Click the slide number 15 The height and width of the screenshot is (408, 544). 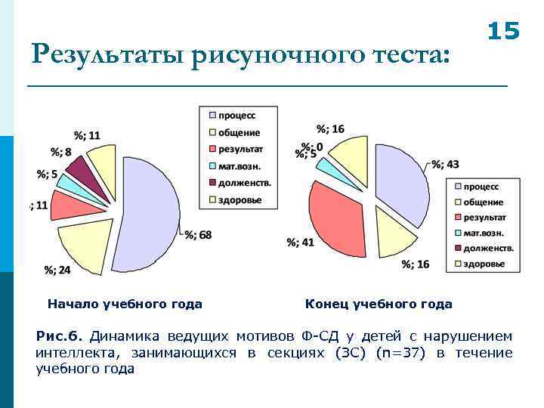[503, 31]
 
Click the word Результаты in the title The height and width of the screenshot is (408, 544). [108, 55]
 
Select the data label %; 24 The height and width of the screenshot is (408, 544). [57, 270]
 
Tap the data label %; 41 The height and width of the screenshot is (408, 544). [301, 243]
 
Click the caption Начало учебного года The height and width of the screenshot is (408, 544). [125, 304]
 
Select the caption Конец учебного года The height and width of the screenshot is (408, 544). [379, 304]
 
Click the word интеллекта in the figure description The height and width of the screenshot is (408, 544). [72, 352]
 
